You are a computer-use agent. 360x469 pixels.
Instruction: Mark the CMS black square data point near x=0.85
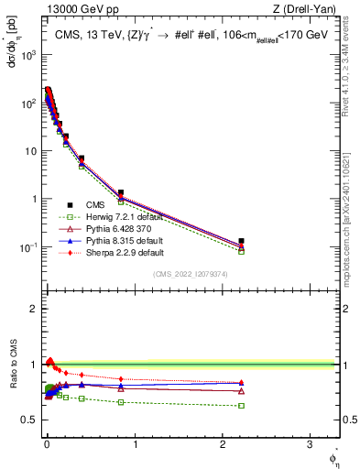[x=121, y=192]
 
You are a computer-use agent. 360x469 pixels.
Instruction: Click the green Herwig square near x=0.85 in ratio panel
[x=121, y=402]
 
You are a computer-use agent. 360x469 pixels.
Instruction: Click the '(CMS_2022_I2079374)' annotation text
[x=197, y=275]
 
